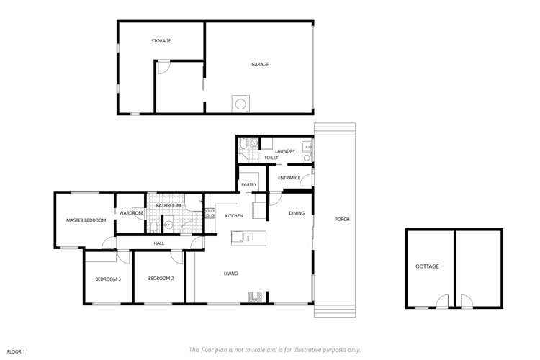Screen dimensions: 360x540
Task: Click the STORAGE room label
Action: pos(161,41)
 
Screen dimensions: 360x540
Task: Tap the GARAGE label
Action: pos(260,64)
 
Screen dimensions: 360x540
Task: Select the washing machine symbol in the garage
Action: pos(240,104)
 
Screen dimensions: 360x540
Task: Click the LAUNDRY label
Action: pos(285,151)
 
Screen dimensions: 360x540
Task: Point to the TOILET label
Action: pos(271,158)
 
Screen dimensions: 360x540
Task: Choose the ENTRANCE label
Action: pos(289,178)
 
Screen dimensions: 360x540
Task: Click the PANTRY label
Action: pos(249,184)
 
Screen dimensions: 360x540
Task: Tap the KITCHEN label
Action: pos(234,216)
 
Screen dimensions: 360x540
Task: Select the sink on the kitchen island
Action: pos(248,237)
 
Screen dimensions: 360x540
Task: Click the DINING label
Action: pos(297,213)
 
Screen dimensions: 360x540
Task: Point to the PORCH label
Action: pos(342,219)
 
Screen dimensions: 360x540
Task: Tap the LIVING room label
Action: pos(230,274)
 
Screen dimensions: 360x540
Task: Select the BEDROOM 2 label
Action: pos(161,279)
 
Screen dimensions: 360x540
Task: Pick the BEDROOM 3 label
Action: pos(108,279)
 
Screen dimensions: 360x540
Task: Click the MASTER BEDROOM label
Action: pos(86,220)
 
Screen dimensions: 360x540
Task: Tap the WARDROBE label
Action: pos(131,213)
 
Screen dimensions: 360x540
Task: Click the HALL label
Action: pos(158,243)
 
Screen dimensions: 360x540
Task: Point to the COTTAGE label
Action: pos(427,266)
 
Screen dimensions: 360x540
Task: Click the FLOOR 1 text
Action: pos(16,351)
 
